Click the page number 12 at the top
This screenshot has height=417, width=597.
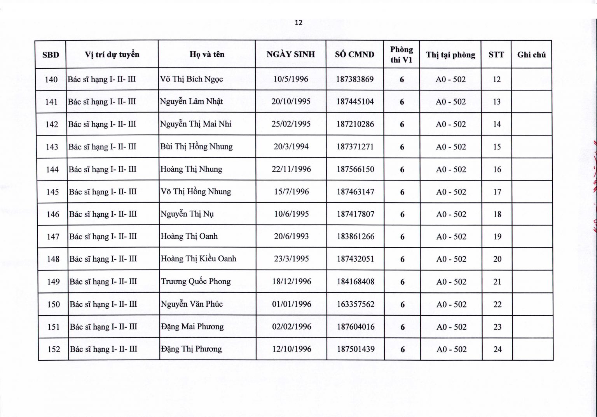[x=298, y=23]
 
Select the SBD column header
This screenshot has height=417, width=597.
[x=51, y=55]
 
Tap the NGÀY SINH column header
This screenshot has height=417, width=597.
[x=291, y=54]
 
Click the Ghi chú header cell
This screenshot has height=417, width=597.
[x=531, y=55]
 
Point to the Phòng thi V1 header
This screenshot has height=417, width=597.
[x=401, y=54]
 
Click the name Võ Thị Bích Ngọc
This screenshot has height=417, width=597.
[x=192, y=79]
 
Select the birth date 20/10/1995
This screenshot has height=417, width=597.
[x=291, y=102]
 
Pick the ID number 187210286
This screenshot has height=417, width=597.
[x=355, y=124]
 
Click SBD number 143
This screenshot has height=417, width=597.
[x=52, y=147]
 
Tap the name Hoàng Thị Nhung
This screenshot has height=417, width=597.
[x=191, y=169]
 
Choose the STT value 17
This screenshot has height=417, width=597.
[x=497, y=192]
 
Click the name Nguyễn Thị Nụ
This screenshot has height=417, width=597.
[x=187, y=214]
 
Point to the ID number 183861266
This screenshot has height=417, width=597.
[x=356, y=236]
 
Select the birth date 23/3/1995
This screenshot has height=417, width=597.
[x=292, y=259]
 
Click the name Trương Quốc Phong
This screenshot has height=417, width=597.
[x=196, y=281]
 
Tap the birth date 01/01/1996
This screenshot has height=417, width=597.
[x=292, y=304]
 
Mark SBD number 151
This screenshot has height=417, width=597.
[x=53, y=327]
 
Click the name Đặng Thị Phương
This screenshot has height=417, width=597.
[x=192, y=349]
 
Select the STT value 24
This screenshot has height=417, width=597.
[x=497, y=349]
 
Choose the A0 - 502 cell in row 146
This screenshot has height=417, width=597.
[x=451, y=214]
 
